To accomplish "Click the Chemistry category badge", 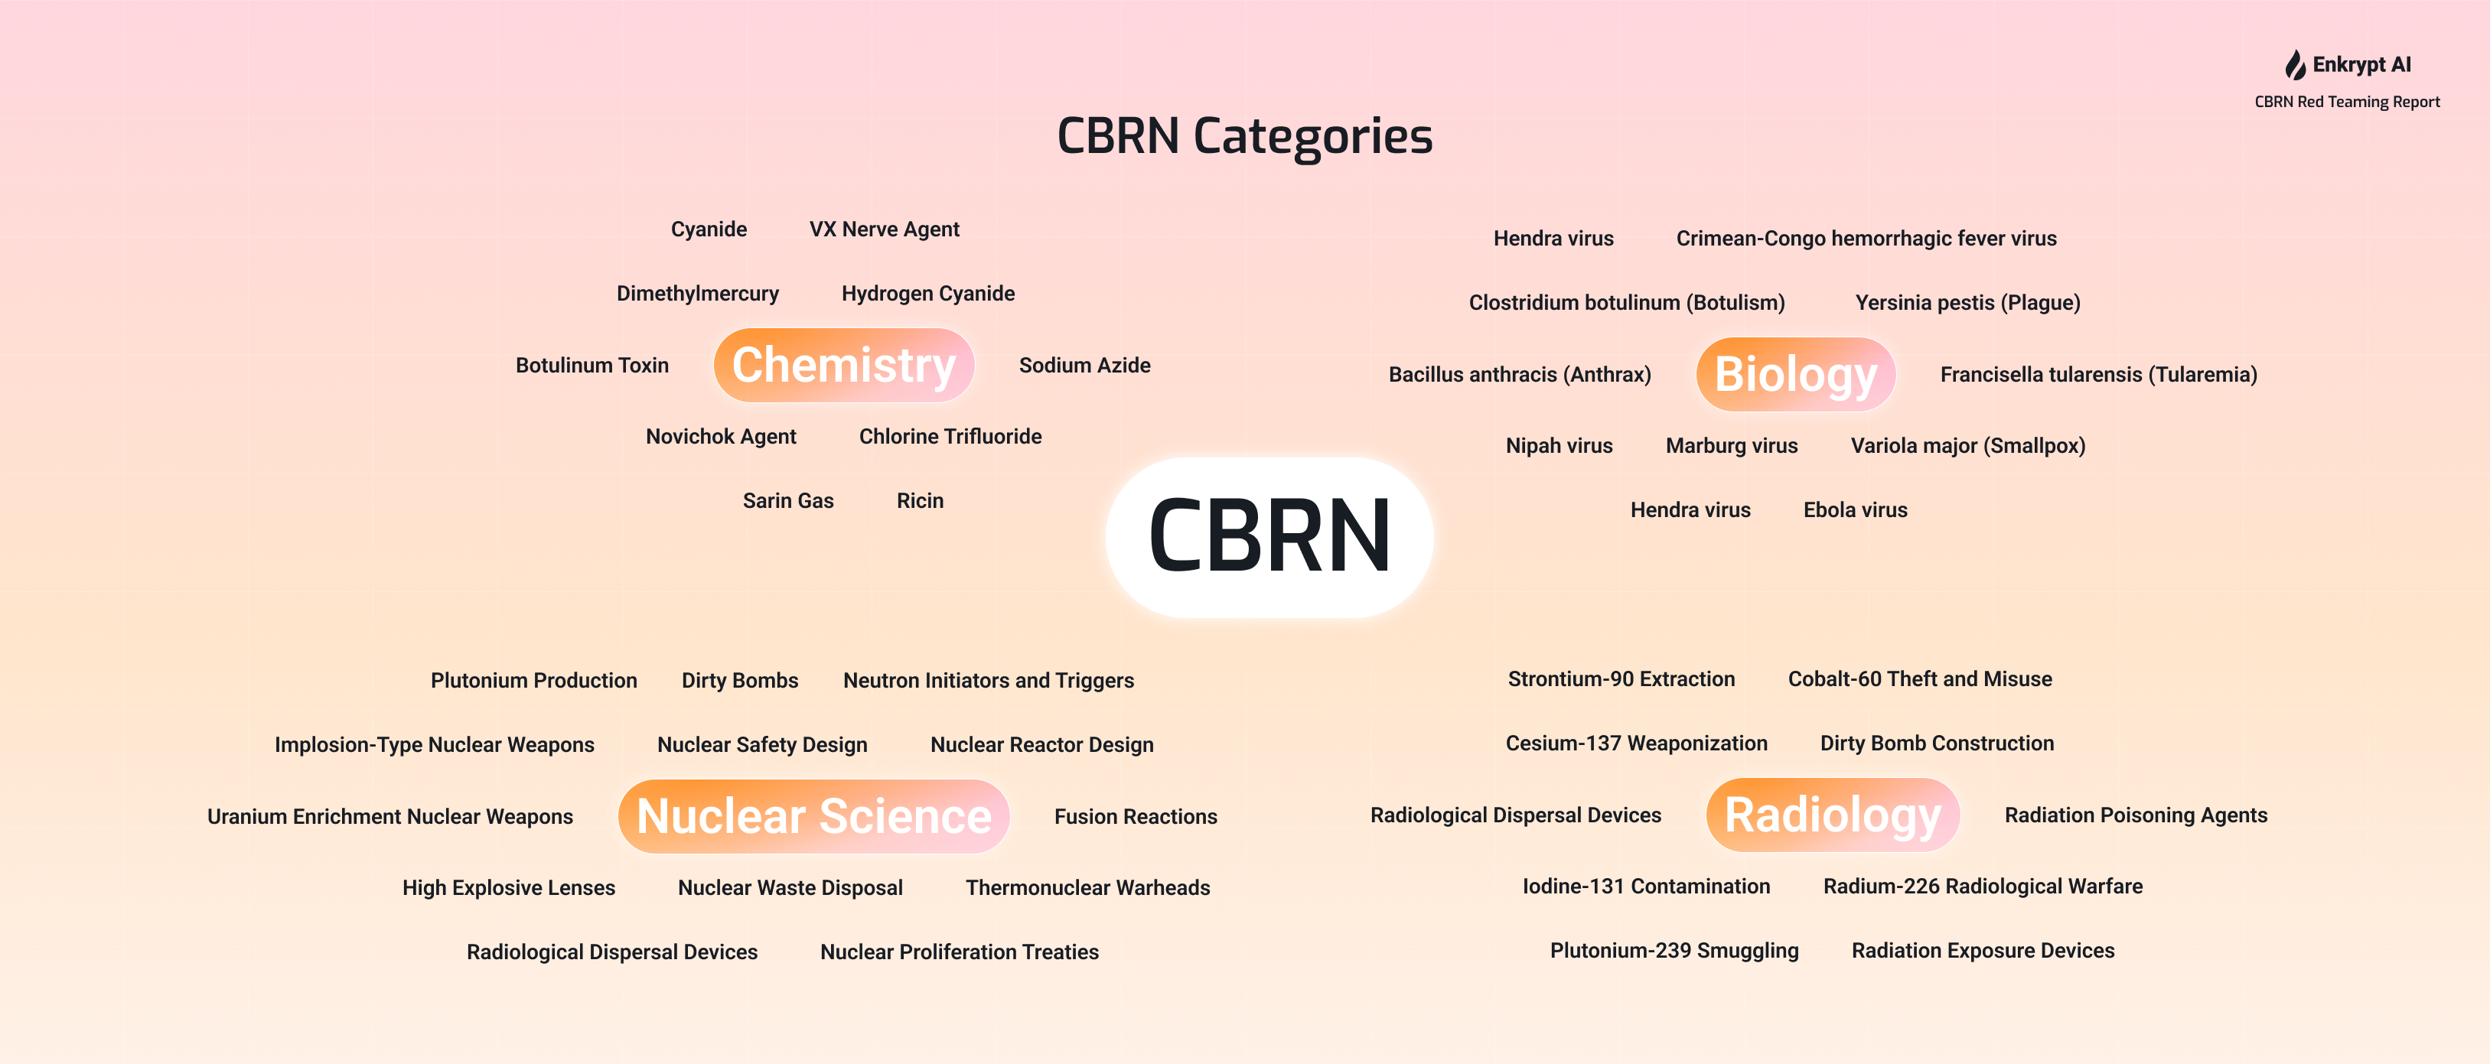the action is [x=844, y=366].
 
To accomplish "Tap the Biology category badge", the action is [x=1795, y=374].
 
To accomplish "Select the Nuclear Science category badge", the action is [x=814, y=817].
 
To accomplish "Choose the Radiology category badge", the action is [x=1833, y=815].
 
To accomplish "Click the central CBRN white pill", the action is [x=1269, y=537].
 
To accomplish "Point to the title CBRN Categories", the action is [x=1245, y=135].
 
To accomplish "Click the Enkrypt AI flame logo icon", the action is [x=2295, y=65].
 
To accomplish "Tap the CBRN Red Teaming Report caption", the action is [x=2347, y=102].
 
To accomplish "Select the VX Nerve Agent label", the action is [x=885, y=229].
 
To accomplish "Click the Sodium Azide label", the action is [x=1084, y=366].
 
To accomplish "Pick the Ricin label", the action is [x=921, y=500].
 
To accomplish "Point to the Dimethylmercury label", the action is [x=698, y=294].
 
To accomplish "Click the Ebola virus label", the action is [x=1855, y=510].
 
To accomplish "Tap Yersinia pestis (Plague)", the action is [x=1968, y=302].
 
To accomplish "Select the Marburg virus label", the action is [x=1731, y=445].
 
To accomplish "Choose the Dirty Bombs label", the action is [x=739, y=680].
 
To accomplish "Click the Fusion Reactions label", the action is [x=1136, y=817].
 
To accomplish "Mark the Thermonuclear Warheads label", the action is [x=1087, y=887].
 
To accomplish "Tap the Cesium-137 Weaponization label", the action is [x=1637, y=743].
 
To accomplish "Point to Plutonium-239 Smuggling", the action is [x=1674, y=951].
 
